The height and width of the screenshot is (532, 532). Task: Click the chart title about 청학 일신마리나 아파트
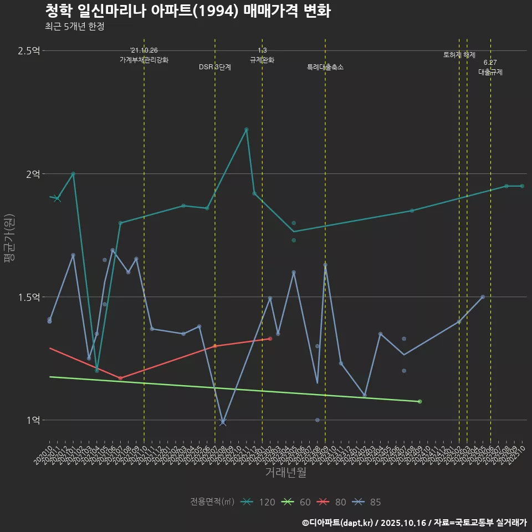click(x=187, y=11)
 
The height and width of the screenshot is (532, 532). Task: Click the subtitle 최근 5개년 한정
click(x=74, y=26)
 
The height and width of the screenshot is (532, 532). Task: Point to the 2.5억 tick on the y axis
click(x=29, y=51)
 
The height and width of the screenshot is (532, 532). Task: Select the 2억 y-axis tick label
click(x=33, y=174)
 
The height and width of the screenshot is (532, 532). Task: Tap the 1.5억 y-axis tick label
click(x=29, y=297)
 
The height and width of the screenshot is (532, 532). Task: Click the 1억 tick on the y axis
click(x=33, y=420)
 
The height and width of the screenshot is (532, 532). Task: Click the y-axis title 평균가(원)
click(x=9, y=239)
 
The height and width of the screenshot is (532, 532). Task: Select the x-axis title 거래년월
click(x=285, y=473)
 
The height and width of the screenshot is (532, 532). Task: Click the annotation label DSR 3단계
click(x=215, y=67)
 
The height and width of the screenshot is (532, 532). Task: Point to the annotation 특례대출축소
click(x=325, y=67)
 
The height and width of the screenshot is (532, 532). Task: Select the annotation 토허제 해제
click(x=459, y=55)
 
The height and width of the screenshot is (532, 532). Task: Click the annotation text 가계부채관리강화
click(x=144, y=60)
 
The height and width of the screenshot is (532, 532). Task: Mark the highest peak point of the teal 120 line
click(x=246, y=130)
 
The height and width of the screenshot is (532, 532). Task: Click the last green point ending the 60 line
click(x=420, y=401)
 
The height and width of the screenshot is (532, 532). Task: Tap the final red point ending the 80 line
click(x=270, y=339)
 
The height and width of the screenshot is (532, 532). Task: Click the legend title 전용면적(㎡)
click(x=212, y=502)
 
